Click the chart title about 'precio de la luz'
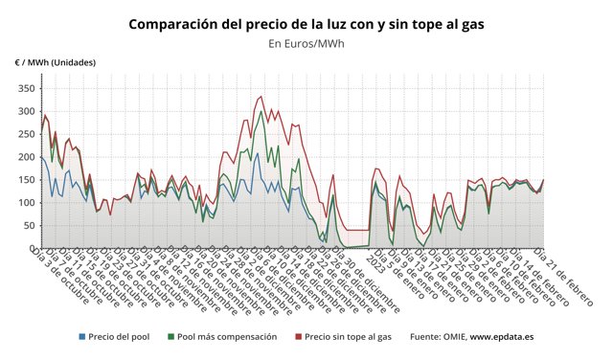[306, 23]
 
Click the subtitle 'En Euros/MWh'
[306, 43]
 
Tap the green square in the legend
[171, 337]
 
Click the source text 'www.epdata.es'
[501, 337]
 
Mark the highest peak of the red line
[261, 96]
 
